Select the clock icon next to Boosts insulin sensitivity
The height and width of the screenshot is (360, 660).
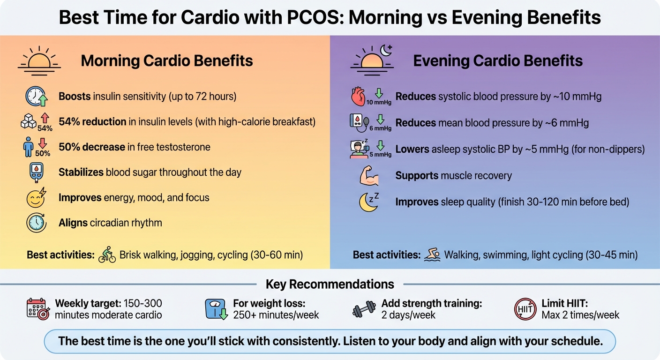[x=36, y=97]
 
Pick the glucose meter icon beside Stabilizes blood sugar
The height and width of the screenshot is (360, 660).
[x=36, y=172]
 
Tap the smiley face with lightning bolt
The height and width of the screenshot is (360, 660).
[x=36, y=197]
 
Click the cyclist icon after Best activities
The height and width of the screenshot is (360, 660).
[x=107, y=255]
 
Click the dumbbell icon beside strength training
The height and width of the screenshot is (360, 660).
[x=364, y=309]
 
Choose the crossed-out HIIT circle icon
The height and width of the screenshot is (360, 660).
[x=524, y=309]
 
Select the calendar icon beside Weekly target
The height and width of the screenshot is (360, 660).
[x=37, y=309]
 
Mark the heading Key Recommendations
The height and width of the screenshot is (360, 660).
[x=330, y=285]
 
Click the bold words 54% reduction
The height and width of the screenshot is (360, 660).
[x=92, y=122]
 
